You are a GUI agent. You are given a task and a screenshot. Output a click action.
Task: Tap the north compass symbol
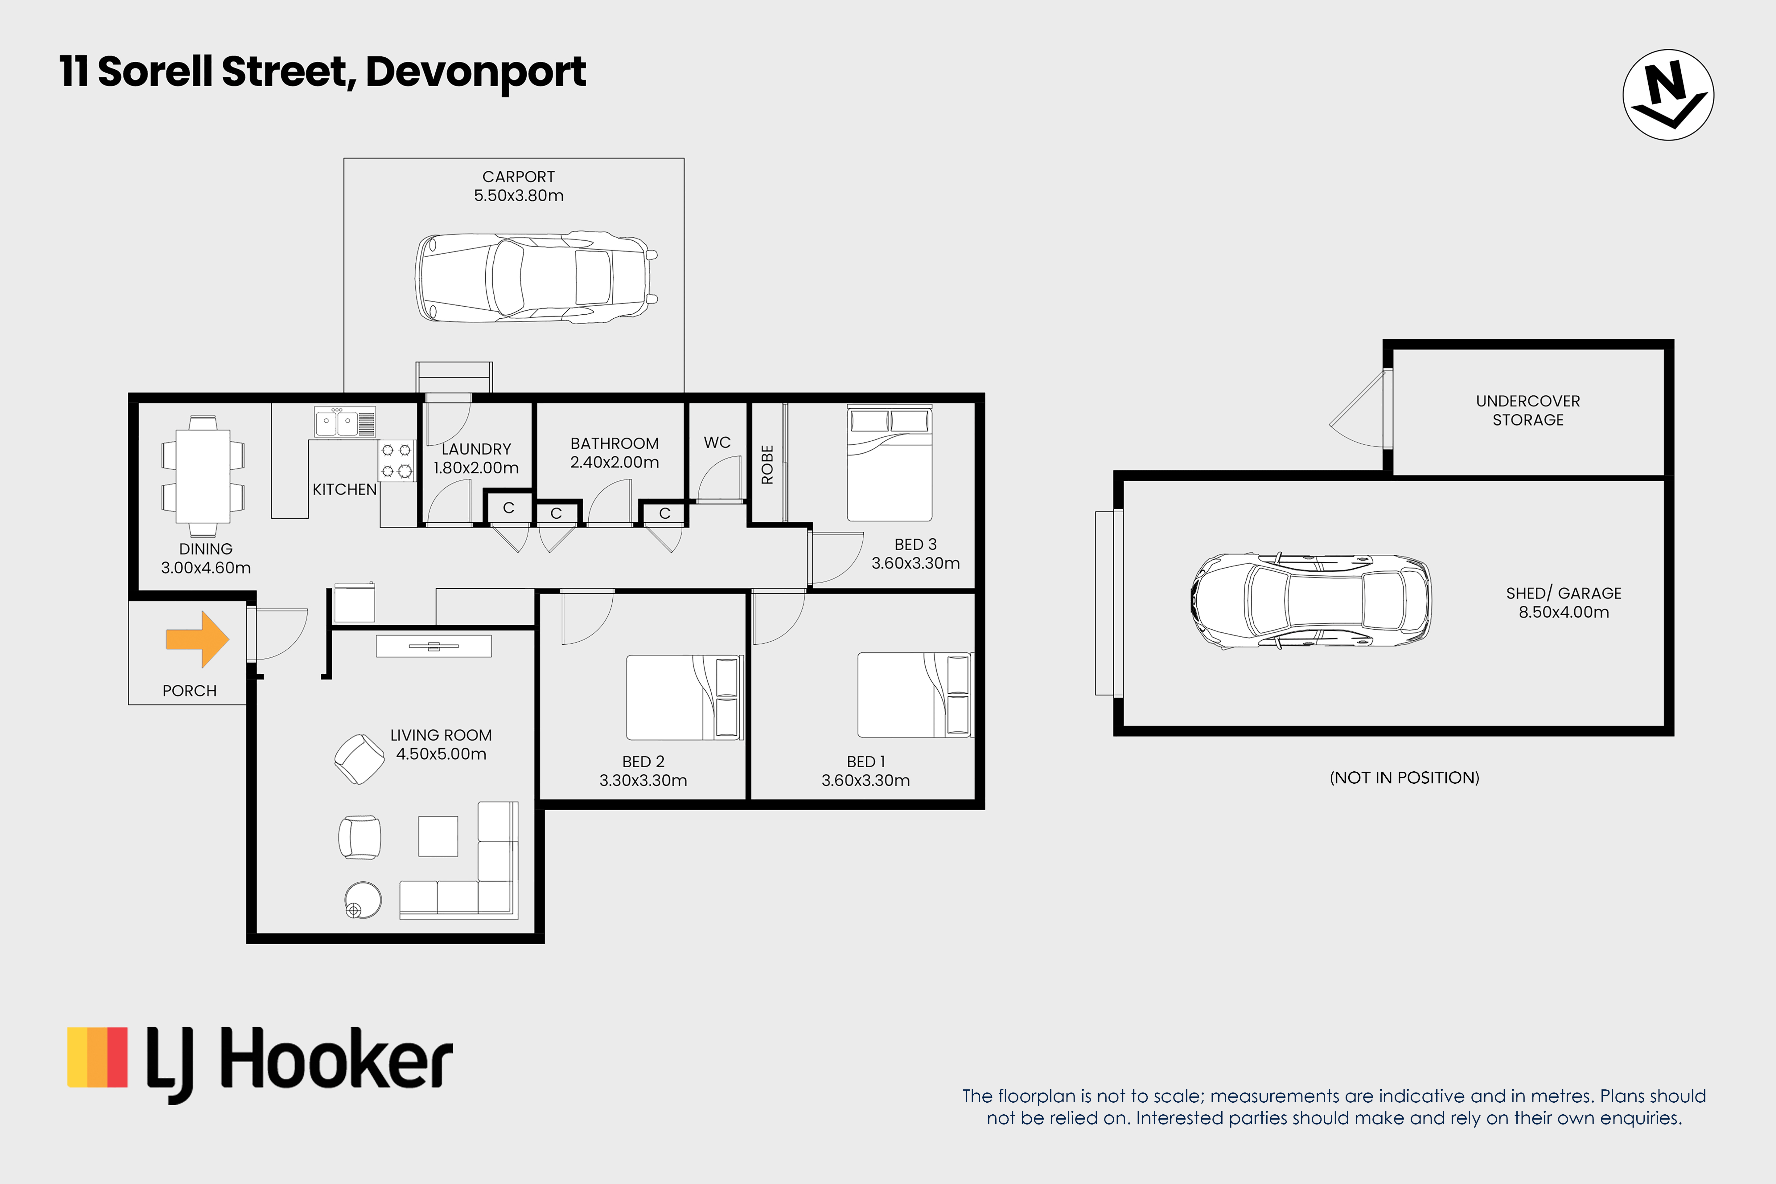[x=1668, y=95]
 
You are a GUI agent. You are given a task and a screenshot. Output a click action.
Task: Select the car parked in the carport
[x=536, y=278]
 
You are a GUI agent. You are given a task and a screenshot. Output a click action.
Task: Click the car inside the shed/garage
[x=1311, y=601]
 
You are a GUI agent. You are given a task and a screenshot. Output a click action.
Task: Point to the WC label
[x=717, y=443]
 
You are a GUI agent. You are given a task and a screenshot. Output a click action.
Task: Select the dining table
[x=203, y=476]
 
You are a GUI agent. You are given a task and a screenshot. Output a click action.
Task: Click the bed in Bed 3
[x=889, y=463]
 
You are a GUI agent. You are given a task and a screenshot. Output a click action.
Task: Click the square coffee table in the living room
[x=438, y=836]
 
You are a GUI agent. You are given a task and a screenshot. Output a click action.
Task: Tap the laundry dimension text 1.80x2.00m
[x=476, y=467]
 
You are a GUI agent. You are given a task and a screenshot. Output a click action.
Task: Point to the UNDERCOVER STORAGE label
[x=1527, y=410]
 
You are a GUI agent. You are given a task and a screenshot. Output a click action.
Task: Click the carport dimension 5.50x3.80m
[x=518, y=196]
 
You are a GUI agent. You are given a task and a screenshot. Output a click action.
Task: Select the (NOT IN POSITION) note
[x=1404, y=778]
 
